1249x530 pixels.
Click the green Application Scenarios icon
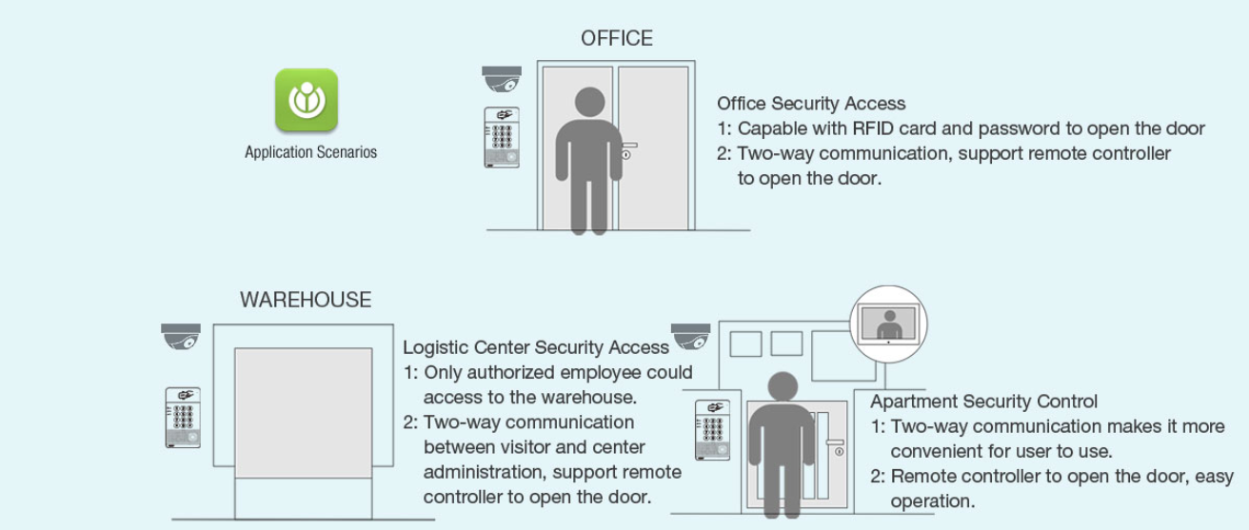(307, 100)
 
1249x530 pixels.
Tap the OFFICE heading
(617, 38)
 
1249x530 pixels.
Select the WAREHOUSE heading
(306, 300)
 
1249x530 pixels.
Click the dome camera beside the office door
(502, 79)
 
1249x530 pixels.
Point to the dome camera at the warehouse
(181, 337)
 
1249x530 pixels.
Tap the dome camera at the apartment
(690, 337)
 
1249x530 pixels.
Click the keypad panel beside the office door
(502, 138)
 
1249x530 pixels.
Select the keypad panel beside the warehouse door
(183, 418)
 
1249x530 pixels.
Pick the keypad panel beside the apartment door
(713, 430)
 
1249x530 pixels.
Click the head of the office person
(589, 102)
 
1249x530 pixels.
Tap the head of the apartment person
(783, 387)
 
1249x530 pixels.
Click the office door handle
(628, 150)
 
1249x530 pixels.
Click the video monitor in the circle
(888, 324)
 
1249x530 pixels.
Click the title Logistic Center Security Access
(536, 347)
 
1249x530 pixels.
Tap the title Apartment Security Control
(983, 402)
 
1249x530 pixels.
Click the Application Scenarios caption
(310, 152)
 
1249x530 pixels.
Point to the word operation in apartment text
(932, 501)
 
